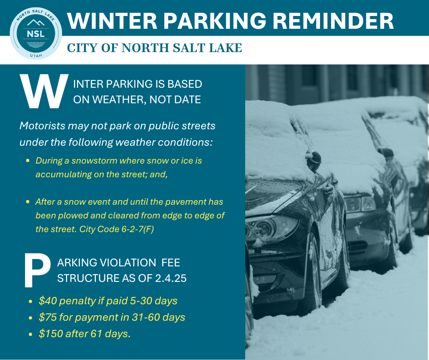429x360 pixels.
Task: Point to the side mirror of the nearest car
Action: tap(313, 160)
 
